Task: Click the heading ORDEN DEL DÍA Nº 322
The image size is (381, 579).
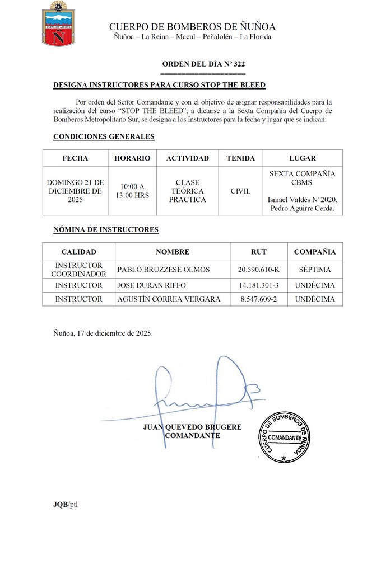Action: [203, 64]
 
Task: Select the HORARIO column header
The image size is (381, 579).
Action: [132, 158]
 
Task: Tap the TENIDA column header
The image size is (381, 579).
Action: [240, 158]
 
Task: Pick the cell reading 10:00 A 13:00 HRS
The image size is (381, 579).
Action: [132, 191]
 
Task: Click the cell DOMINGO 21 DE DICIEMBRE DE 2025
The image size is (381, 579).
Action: [75, 191]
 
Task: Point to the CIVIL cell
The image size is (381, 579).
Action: [240, 191]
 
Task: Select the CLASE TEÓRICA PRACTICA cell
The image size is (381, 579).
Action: [187, 191]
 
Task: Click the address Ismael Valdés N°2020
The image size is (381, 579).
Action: [303, 200]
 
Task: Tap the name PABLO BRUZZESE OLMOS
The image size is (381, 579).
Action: [164, 270]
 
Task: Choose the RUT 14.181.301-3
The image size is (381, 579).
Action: [258, 285]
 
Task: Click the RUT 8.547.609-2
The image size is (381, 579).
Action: [258, 299]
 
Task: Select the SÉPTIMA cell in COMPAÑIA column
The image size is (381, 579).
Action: [314, 270]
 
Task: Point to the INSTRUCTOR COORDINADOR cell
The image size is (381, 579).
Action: [78, 270]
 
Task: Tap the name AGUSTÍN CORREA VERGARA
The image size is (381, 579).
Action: [169, 299]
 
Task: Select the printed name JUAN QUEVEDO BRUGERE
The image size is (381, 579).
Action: [193, 427]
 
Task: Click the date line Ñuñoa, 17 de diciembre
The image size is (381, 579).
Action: [103, 332]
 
